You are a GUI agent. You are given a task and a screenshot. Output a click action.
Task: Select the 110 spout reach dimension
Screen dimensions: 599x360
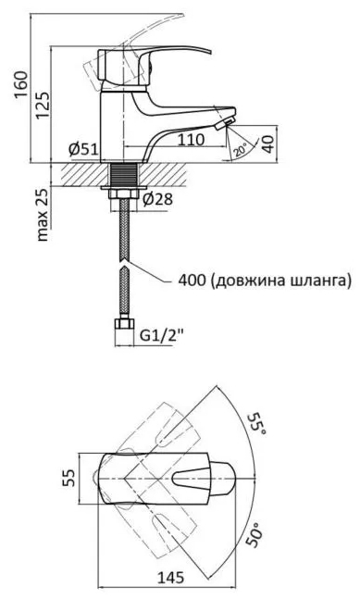pyautogui.click(x=190, y=142)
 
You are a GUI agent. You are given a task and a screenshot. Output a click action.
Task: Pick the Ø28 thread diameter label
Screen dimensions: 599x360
pyautogui.click(x=159, y=198)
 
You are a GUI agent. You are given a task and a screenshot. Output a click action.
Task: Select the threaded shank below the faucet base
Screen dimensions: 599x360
pyautogui.click(x=121, y=175)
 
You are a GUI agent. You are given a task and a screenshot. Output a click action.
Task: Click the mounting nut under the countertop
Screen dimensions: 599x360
pyautogui.click(x=121, y=193)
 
